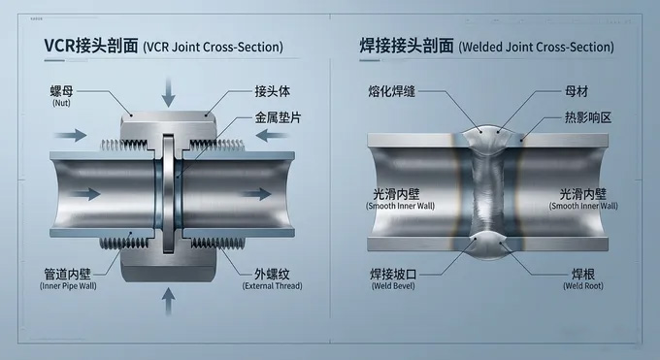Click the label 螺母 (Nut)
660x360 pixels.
(61, 96)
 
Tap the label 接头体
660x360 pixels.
(272, 91)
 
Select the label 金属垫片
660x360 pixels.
(278, 117)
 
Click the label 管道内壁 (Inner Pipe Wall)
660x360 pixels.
(68, 279)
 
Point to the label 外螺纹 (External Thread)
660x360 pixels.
(273, 279)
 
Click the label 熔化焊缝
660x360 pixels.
(391, 91)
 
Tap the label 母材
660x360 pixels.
(576, 91)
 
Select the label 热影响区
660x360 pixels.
(587, 117)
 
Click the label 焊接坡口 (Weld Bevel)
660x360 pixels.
(393, 279)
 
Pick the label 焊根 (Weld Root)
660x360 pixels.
(583, 279)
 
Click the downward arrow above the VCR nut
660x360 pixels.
(168, 92)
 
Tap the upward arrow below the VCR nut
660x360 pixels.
(168, 301)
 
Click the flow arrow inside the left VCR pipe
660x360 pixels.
(84, 194)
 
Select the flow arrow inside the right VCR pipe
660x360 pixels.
(256, 194)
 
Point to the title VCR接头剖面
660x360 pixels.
(91, 46)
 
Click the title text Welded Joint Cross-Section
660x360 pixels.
(536, 47)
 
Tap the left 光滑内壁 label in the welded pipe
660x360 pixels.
(396, 194)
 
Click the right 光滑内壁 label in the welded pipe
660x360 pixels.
(583, 194)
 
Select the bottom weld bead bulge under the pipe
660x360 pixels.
(488, 245)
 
